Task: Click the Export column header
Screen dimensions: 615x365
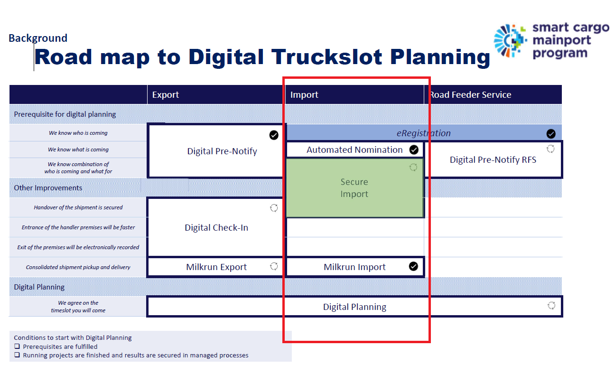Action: pyautogui.click(x=165, y=95)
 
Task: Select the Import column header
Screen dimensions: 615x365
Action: pyautogui.click(x=304, y=95)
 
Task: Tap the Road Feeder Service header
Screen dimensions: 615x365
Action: pyautogui.click(x=470, y=95)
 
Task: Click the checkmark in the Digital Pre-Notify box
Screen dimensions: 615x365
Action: pyautogui.click(x=274, y=135)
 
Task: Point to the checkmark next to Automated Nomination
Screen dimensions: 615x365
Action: pyautogui.click(x=414, y=150)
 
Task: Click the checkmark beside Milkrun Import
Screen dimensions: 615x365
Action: pyautogui.click(x=413, y=266)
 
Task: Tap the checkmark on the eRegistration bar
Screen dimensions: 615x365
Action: pyautogui.click(x=551, y=134)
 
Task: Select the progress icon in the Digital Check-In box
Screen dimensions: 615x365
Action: pyautogui.click(x=274, y=208)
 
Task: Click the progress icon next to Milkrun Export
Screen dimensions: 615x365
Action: pyautogui.click(x=274, y=266)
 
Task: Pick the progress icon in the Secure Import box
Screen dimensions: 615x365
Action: pyautogui.click(x=413, y=167)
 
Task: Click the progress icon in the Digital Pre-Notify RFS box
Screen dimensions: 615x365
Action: pyautogui.click(x=550, y=149)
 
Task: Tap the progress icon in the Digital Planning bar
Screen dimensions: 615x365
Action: pyautogui.click(x=551, y=305)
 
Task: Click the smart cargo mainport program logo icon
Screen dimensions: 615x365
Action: pyautogui.click(x=510, y=41)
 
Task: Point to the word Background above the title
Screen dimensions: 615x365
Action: pyautogui.click(x=38, y=38)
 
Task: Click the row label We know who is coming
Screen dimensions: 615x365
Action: pyautogui.click(x=78, y=133)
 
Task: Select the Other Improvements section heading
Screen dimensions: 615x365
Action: pyautogui.click(x=48, y=188)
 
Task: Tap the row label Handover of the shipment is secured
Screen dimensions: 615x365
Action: pyautogui.click(x=78, y=207)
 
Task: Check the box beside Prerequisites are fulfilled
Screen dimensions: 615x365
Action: pyautogui.click(x=17, y=346)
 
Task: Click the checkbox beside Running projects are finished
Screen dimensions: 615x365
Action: pyautogui.click(x=17, y=355)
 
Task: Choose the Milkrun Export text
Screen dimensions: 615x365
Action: pyautogui.click(x=216, y=267)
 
